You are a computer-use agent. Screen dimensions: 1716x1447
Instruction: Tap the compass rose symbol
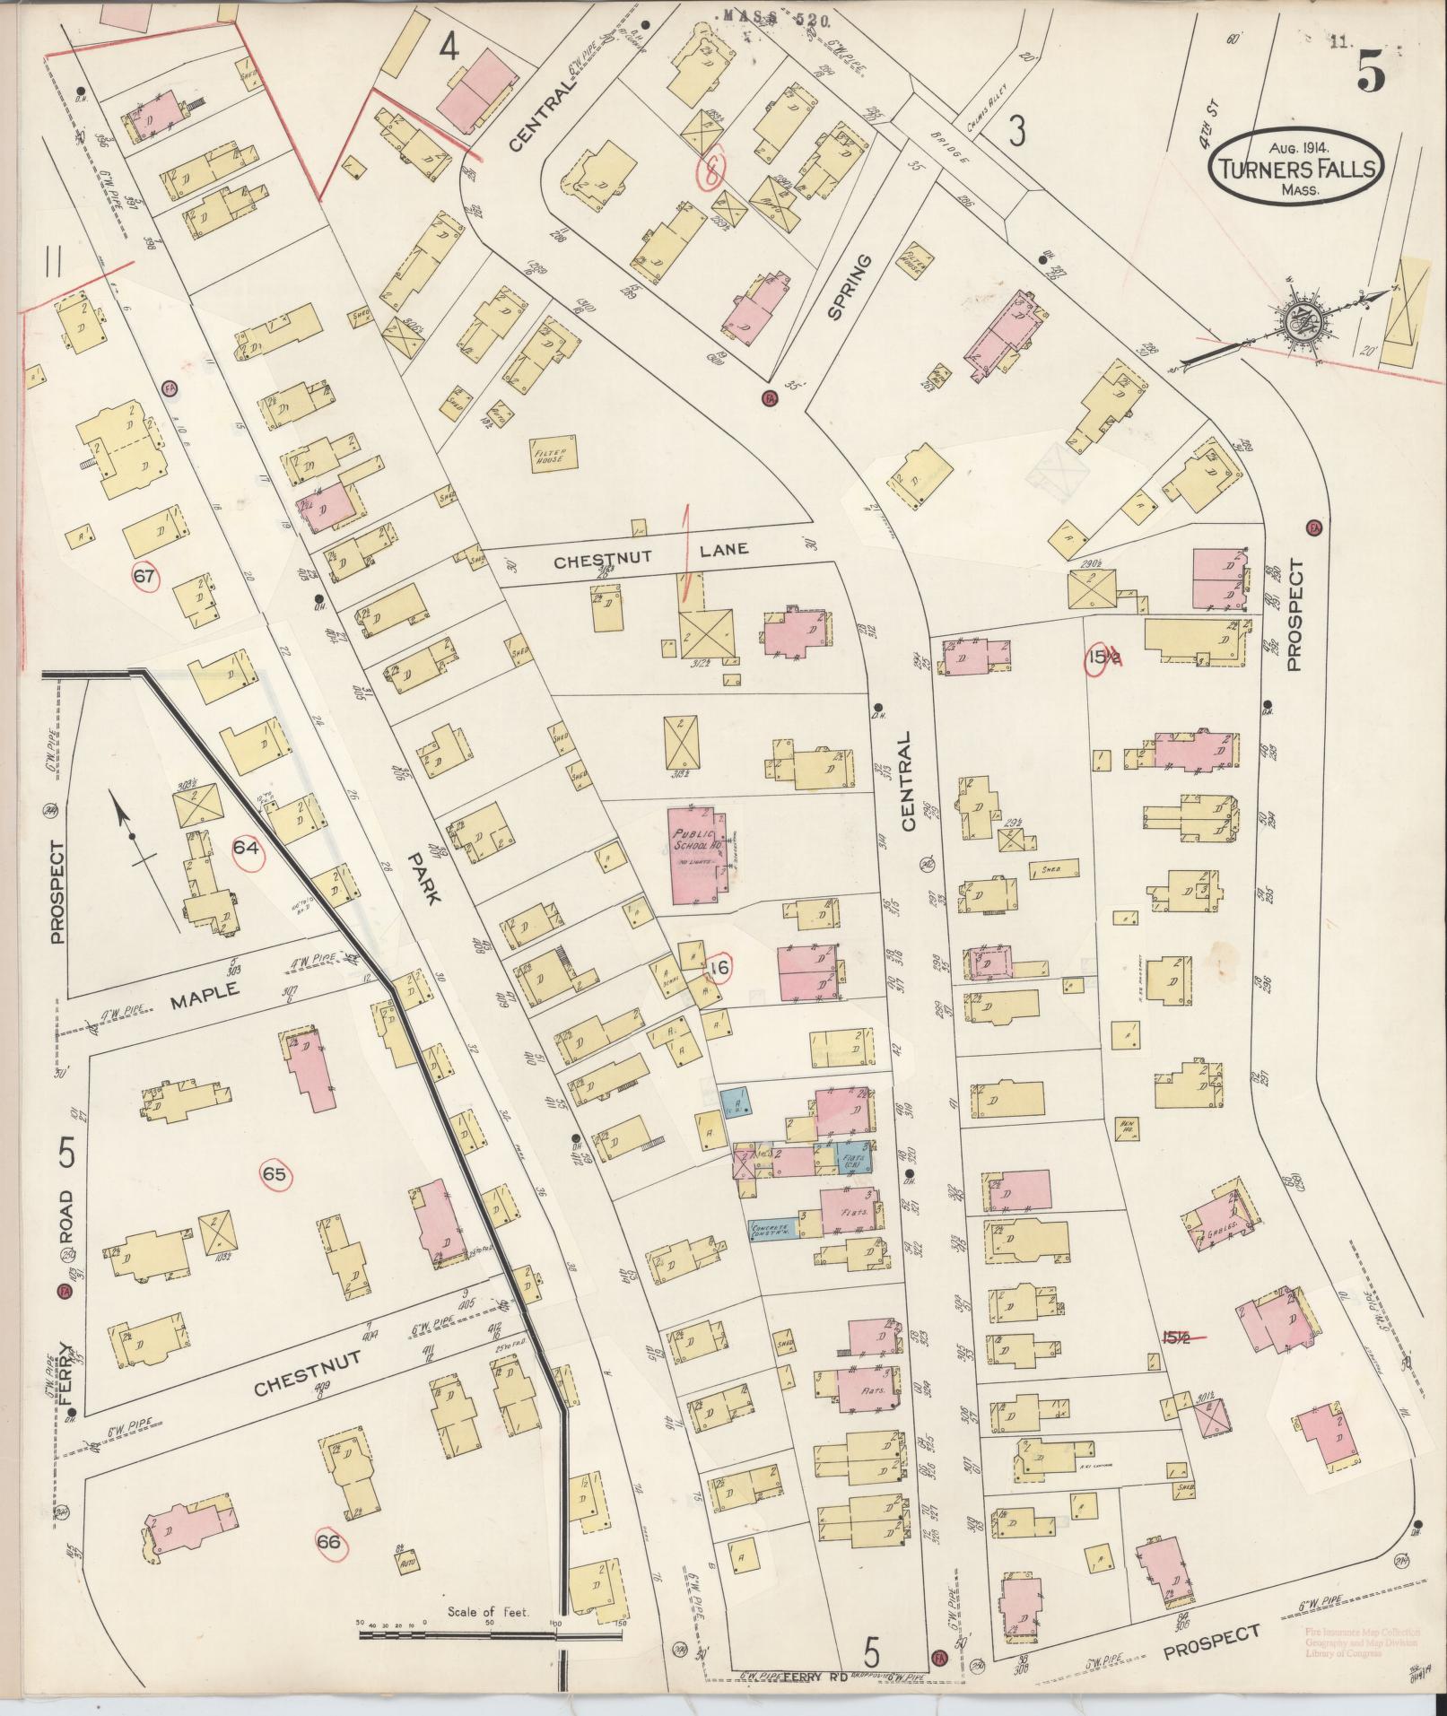[1295, 322]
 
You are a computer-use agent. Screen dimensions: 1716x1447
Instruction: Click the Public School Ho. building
[698, 855]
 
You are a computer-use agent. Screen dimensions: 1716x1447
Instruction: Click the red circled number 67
[144, 577]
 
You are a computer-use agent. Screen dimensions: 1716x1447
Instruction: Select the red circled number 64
[248, 846]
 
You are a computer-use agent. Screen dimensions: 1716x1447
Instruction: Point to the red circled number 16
[718, 967]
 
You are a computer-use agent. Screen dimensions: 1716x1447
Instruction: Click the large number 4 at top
[448, 48]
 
